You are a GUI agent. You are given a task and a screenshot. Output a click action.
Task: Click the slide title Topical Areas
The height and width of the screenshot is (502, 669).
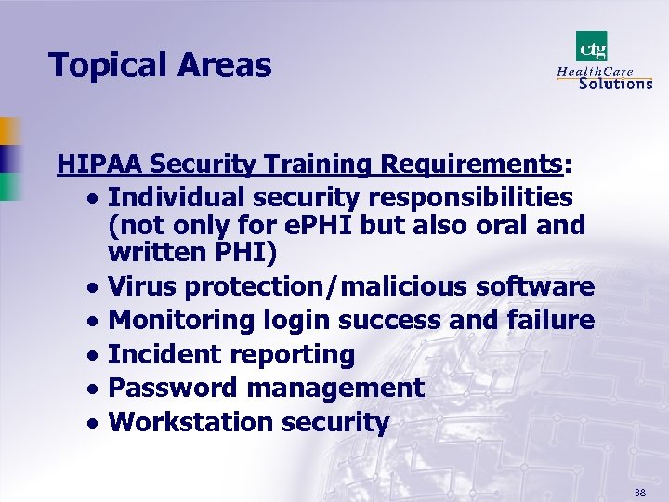click(160, 66)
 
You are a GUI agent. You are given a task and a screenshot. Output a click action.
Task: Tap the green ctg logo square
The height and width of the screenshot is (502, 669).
click(592, 46)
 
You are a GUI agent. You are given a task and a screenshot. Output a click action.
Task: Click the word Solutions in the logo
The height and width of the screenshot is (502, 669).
click(615, 84)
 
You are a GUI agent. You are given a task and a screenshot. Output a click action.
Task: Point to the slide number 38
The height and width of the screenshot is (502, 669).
click(640, 492)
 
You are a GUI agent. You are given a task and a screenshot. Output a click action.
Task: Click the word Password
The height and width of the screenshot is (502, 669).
click(166, 388)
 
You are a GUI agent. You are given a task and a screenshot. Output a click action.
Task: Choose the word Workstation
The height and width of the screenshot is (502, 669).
click(185, 422)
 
